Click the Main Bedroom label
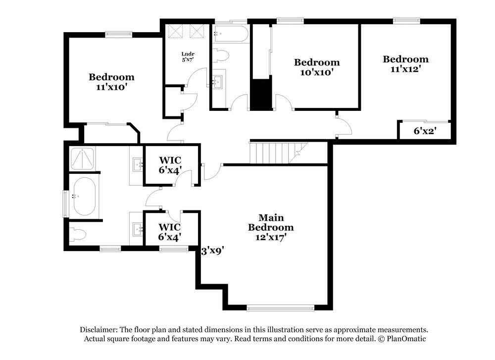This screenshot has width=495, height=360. [270, 222]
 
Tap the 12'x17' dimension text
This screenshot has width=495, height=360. [270, 237]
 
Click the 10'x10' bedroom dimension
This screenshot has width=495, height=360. [317, 72]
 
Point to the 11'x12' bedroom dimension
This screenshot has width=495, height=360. [405, 69]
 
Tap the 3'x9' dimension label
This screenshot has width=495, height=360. [213, 251]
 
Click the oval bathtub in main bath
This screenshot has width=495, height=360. [82, 196]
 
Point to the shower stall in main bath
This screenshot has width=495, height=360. [83, 158]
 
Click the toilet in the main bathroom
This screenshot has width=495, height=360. [78, 233]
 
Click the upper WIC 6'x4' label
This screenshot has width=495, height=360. [170, 165]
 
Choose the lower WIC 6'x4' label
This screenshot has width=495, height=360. [169, 232]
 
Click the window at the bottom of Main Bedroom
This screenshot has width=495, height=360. [280, 308]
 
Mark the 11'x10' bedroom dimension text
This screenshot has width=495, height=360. [111, 87]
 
